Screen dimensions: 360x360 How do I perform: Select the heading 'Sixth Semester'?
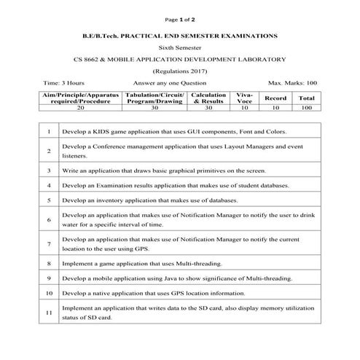pos(180,47)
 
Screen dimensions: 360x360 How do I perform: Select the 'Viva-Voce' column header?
pos(244,98)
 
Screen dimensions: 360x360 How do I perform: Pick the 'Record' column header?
pos(275,98)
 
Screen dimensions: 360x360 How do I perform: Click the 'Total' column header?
pos(307,98)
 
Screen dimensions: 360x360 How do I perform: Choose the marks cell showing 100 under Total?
pos(307,107)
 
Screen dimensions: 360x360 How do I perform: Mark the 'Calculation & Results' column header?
pos(209,98)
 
